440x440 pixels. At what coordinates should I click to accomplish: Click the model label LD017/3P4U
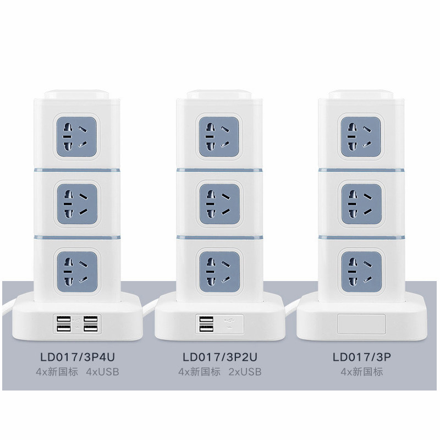pos(78,356)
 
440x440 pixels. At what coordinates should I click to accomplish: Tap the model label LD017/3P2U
pos(219,356)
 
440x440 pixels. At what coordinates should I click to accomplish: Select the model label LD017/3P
pos(361,356)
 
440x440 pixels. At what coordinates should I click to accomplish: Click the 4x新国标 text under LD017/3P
pos(361,372)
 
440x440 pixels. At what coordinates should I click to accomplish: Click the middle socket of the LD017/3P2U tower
pos(218,200)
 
